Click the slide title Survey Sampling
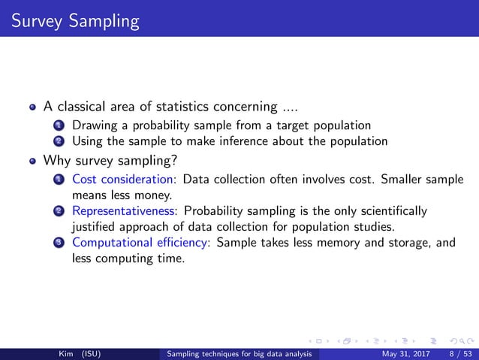coord(70,20)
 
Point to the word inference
coord(245,141)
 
